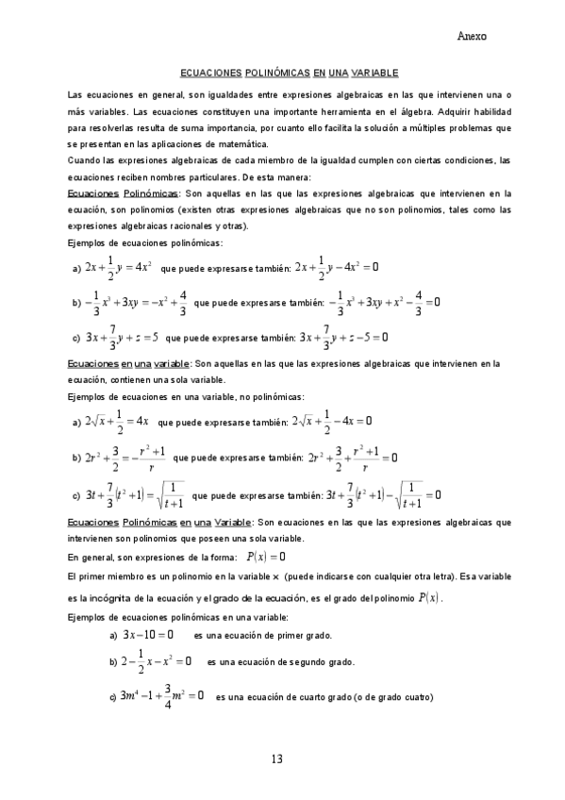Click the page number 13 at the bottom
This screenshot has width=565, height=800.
276,759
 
